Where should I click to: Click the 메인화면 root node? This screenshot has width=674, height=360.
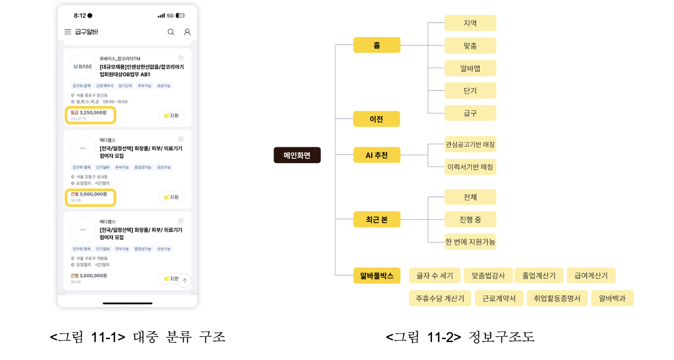pyautogui.click(x=297, y=155)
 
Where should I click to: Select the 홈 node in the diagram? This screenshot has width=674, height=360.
pyautogui.click(x=377, y=45)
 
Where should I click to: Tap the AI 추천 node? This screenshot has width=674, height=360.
pyautogui.click(x=377, y=155)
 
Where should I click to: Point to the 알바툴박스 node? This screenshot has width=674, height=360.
pyautogui.click(x=377, y=276)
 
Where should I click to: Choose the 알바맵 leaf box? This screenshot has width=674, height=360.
pyautogui.click(x=470, y=68)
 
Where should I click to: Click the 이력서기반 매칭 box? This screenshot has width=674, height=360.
pyautogui.click(x=470, y=167)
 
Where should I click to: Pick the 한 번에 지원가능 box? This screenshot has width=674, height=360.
pyautogui.click(x=470, y=242)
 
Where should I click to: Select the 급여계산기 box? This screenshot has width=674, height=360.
pyautogui.click(x=591, y=276)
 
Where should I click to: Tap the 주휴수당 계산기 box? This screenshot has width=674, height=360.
pyautogui.click(x=439, y=298)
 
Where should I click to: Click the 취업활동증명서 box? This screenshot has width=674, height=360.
pyautogui.click(x=557, y=298)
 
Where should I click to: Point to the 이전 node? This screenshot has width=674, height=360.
pyautogui.click(x=376, y=119)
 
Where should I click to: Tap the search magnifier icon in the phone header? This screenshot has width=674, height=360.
pyautogui.click(x=171, y=32)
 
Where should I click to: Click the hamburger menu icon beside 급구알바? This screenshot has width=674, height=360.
pyautogui.click(x=68, y=32)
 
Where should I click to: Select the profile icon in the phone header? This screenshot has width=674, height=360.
pyautogui.click(x=187, y=32)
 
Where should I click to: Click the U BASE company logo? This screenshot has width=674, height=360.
pyautogui.click(x=82, y=67)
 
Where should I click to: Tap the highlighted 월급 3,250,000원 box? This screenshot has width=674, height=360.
pyautogui.click(x=90, y=115)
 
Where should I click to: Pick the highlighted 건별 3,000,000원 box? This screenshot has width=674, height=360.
pyautogui.click(x=90, y=197)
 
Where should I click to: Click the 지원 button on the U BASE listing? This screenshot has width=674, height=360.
pyautogui.click(x=171, y=116)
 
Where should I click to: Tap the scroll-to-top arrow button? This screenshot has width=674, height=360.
pyautogui.click(x=184, y=281)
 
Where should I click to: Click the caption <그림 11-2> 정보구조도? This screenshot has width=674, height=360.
pyautogui.click(x=460, y=337)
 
